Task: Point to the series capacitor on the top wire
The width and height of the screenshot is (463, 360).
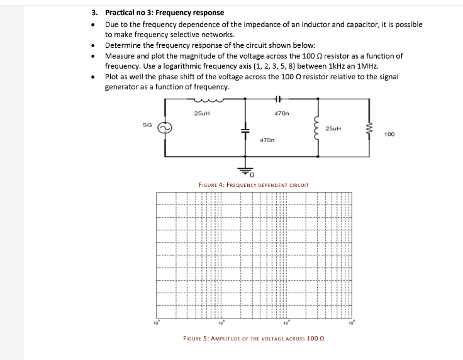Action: (279, 99)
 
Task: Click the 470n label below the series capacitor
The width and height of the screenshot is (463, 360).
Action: (281, 113)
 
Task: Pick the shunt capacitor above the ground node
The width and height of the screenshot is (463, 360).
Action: (245, 128)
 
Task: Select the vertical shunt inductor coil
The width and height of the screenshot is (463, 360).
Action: (318, 128)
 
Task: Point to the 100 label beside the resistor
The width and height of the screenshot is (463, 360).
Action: (389, 133)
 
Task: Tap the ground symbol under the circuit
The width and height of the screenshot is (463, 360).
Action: (245, 169)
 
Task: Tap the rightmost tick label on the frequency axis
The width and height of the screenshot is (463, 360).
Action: (352, 324)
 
